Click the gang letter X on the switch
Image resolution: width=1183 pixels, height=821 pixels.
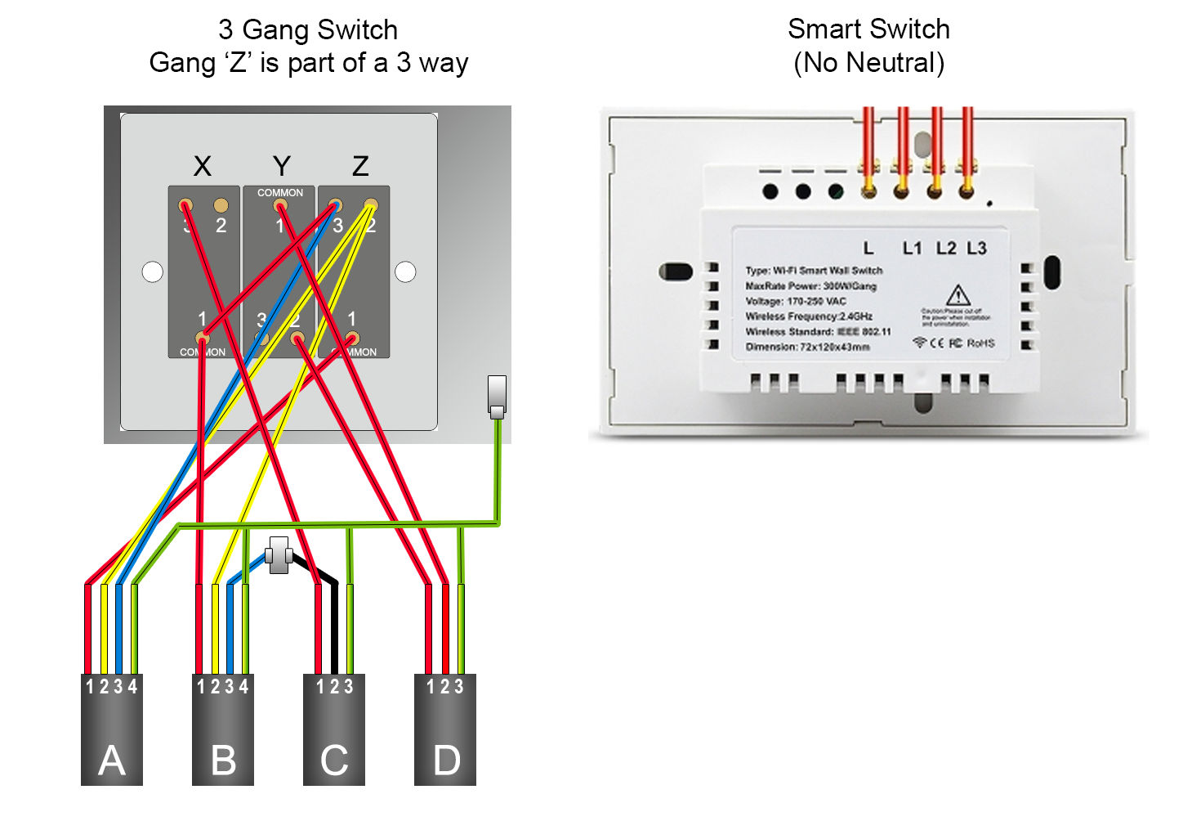[x=202, y=166]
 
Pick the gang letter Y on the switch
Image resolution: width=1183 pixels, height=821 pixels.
[x=281, y=166]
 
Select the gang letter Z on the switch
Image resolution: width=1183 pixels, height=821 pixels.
[x=360, y=166]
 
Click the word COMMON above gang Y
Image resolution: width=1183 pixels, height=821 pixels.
[x=280, y=193]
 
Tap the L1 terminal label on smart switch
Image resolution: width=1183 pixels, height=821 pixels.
[x=912, y=248]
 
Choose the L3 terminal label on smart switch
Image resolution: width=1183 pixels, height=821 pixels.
[x=976, y=248]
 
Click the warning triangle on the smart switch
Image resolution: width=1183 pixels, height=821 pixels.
[x=958, y=295]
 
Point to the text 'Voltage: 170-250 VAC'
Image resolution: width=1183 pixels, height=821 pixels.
[x=795, y=301]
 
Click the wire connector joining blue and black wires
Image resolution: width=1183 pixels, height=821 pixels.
[x=279, y=555]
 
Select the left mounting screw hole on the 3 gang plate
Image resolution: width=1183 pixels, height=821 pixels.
[x=153, y=272]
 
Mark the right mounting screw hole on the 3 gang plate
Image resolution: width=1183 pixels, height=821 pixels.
[x=405, y=272]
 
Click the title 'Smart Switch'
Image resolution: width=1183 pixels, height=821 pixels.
[x=868, y=29]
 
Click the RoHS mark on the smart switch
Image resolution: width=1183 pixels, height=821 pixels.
[x=980, y=343]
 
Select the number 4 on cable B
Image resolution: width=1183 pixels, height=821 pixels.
[x=243, y=686]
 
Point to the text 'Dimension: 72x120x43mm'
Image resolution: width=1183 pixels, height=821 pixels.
[x=807, y=347]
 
